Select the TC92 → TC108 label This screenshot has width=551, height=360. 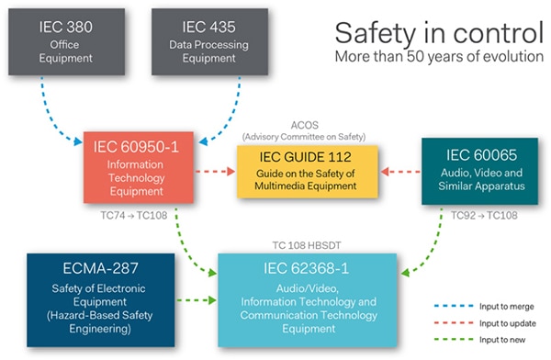point(480,216)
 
